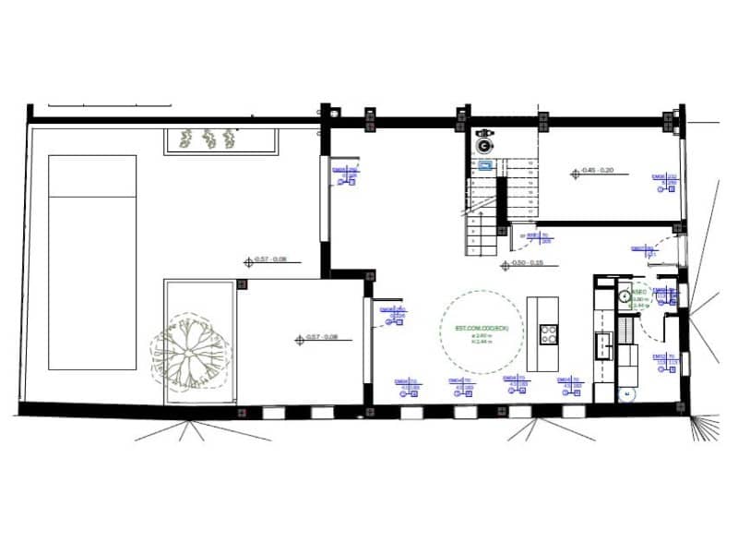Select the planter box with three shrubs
pyautogui.click(x=220, y=140)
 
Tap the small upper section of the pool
pyautogui.click(x=92, y=175)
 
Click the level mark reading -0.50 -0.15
pyautogui.click(x=526, y=264)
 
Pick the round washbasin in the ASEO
pyautogui.click(x=624, y=296)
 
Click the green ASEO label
pyautogui.click(x=638, y=288)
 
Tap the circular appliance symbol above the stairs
pyautogui.click(x=482, y=144)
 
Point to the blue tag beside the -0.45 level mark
pyautogui.click(x=666, y=182)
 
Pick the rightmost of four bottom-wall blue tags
pyautogui.click(x=568, y=387)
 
